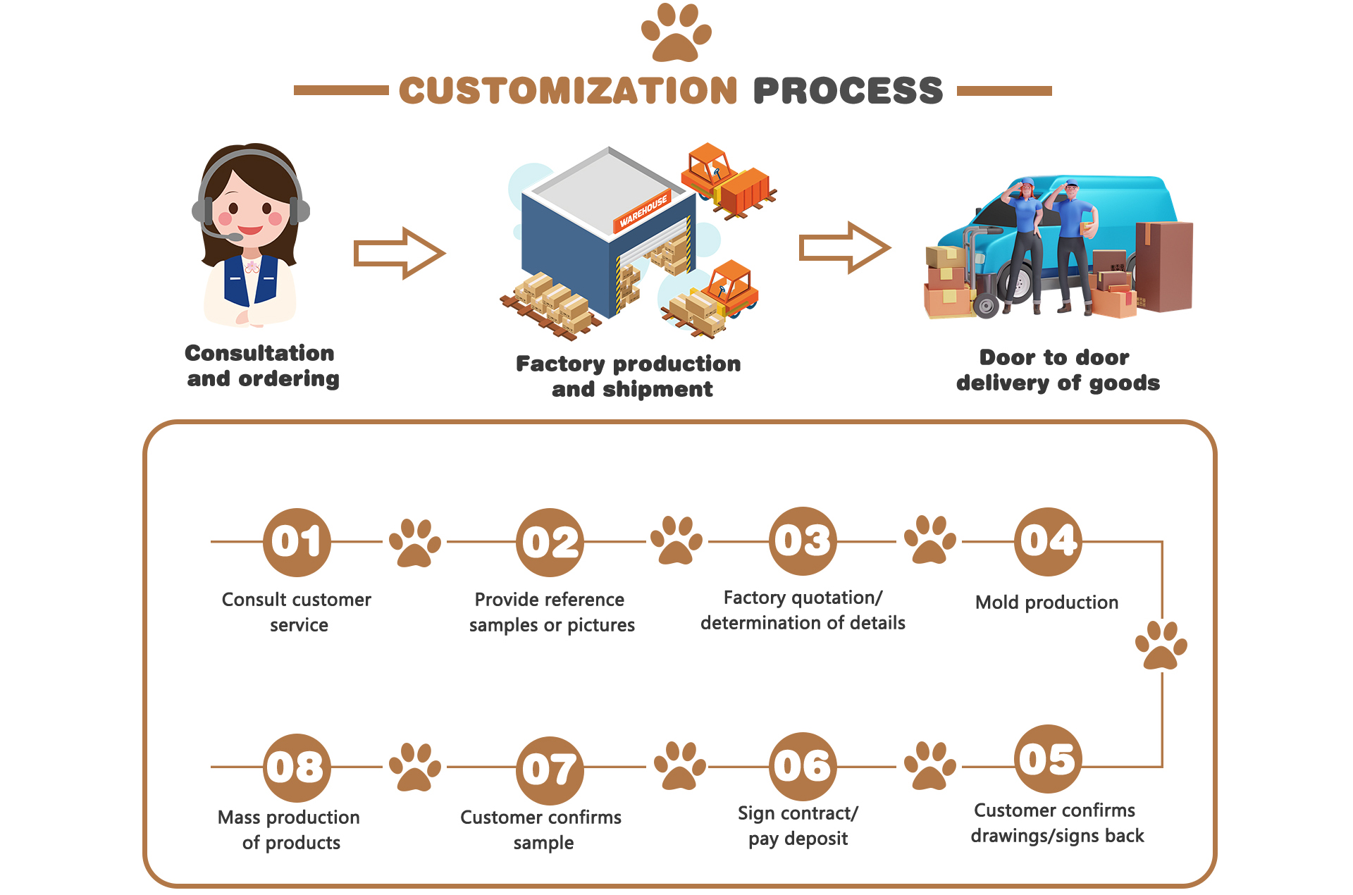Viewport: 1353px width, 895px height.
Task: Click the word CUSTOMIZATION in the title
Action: [x=568, y=91]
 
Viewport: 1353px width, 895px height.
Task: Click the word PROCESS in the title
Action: [x=848, y=91]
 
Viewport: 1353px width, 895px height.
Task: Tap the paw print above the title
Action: [x=676, y=32]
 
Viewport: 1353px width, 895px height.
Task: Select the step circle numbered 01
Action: [x=297, y=542]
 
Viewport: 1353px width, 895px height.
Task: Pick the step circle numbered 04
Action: [x=1049, y=541]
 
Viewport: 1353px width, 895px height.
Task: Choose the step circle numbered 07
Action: [x=550, y=770]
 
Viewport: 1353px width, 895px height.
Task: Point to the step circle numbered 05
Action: [x=1049, y=759]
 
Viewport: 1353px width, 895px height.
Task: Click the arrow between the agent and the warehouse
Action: [x=400, y=253]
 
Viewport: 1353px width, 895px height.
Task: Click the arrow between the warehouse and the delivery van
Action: [x=845, y=247]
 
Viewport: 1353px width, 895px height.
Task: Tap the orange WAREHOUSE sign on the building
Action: [x=643, y=211]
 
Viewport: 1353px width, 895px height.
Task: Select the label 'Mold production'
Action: [x=1046, y=603]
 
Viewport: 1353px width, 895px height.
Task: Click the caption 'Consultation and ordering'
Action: [x=261, y=366]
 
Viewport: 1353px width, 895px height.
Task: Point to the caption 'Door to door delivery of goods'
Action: [x=1058, y=370]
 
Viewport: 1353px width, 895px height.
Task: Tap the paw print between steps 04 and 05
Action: [x=1161, y=645]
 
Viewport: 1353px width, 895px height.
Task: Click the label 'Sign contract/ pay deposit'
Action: [x=798, y=826]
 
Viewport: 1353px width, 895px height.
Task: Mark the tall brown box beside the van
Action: [x=1163, y=266]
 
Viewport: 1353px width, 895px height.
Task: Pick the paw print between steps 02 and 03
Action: [x=676, y=540]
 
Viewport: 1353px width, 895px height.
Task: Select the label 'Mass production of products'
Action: [x=289, y=830]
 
